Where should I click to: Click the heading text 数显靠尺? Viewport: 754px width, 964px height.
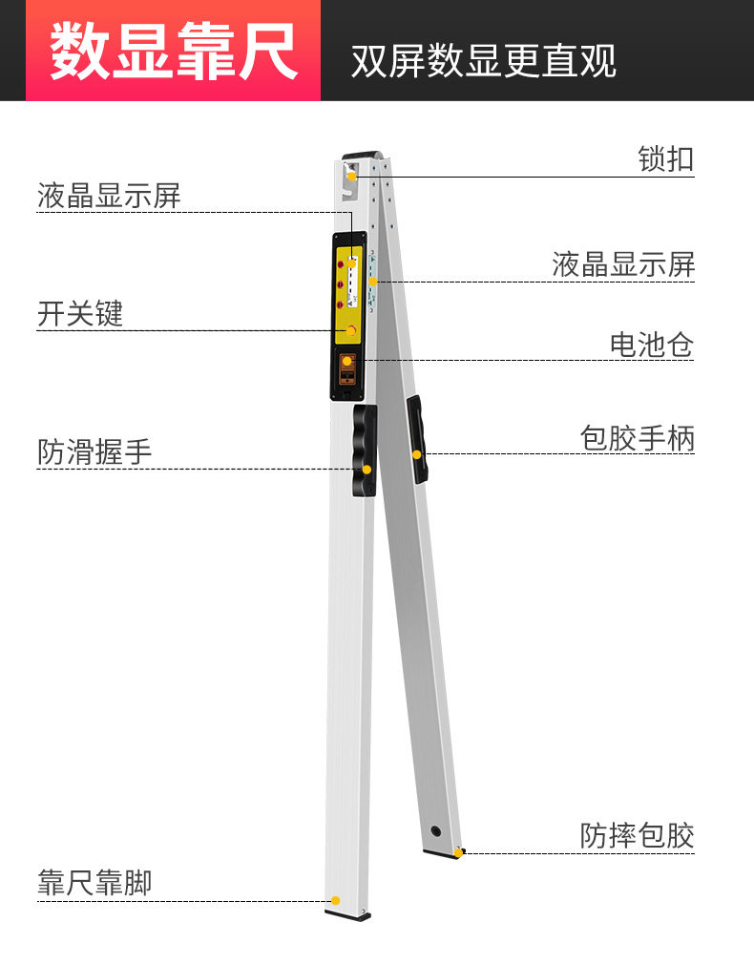[173, 51]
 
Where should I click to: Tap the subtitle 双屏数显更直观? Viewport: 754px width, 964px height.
[483, 61]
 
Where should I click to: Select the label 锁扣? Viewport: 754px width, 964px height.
[665, 158]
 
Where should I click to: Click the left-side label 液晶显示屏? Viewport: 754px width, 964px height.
[109, 197]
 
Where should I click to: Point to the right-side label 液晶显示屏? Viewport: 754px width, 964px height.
[623, 264]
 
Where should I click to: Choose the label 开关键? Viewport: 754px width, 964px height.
[80, 313]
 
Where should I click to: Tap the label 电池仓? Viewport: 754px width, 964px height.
[652, 344]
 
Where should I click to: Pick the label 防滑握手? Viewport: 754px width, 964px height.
[94, 451]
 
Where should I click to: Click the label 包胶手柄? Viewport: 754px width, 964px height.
[637, 438]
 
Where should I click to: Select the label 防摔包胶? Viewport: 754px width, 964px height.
[637, 835]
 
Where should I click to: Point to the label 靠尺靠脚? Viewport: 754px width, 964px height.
[94, 883]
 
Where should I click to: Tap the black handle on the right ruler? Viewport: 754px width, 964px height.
[417, 438]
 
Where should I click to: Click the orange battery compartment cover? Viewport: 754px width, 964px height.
[347, 370]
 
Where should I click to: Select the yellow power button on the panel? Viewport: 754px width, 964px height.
[351, 330]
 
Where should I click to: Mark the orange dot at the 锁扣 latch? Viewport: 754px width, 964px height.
[351, 176]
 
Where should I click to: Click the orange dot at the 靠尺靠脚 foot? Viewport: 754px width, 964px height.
[335, 900]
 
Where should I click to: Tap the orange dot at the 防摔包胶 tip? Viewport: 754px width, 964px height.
[457, 852]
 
